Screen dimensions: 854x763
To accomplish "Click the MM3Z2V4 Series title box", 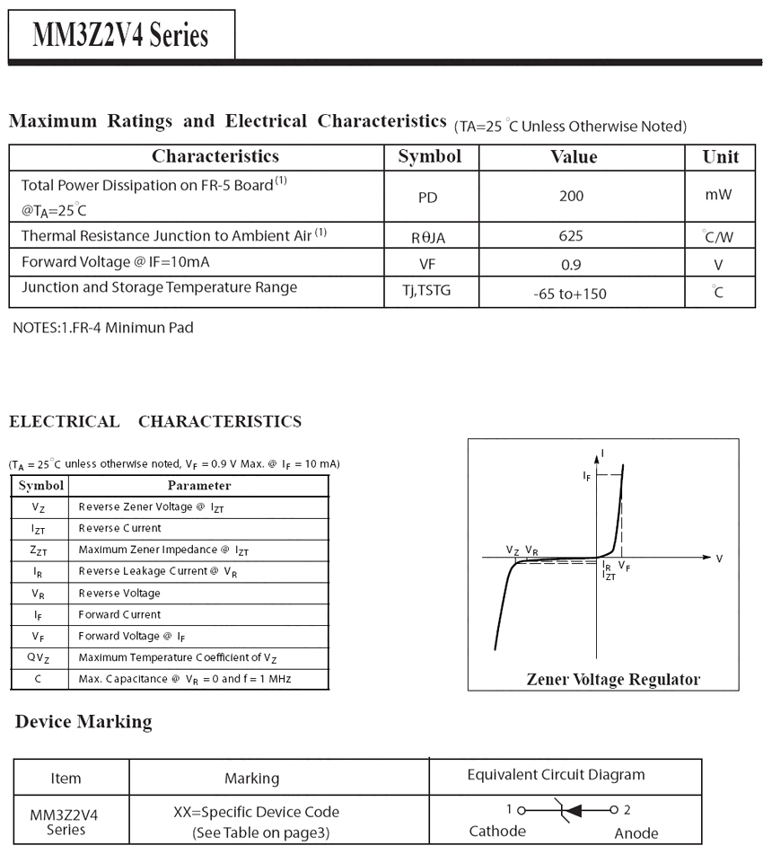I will click(x=120, y=35).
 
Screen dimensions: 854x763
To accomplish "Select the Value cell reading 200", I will click(x=571, y=196).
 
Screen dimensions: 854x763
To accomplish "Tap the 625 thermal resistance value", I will click(x=570, y=235).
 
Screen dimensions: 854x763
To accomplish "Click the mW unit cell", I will click(x=718, y=194).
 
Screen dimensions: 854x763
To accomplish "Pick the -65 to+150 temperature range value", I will click(x=570, y=293).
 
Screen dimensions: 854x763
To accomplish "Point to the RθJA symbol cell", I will click(x=428, y=237).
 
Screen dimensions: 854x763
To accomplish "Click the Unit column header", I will click(x=720, y=157).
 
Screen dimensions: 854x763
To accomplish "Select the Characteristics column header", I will click(x=215, y=157).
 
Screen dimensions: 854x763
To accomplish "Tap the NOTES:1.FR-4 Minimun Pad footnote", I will click(x=102, y=328).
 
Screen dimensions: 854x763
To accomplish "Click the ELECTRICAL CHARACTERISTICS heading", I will click(x=155, y=421).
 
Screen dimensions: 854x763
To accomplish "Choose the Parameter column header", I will click(x=198, y=486).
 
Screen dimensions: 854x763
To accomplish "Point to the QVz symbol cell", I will click(x=39, y=657).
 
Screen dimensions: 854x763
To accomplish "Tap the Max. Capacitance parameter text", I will click(x=184, y=679).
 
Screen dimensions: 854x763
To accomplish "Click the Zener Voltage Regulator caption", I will click(x=613, y=679).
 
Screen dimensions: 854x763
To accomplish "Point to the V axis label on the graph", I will click(x=719, y=559).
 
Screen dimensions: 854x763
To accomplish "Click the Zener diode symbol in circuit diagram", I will click(x=567, y=809).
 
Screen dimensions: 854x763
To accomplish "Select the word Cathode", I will click(x=497, y=831).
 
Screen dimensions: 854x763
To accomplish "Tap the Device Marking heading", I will click(x=83, y=722).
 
